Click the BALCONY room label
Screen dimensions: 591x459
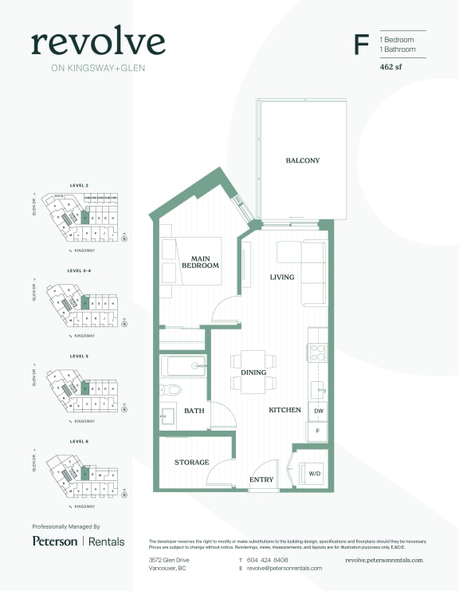click(303, 160)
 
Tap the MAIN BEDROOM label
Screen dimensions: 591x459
click(200, 261)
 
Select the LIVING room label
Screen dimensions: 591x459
click(282, 278)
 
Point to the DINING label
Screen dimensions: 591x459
click(253, 372)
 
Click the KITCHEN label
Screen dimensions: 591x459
click(284, 410)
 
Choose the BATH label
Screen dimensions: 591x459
click(194, 411)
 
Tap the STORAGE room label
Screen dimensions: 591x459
click(192, 463)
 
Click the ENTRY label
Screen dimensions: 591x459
click(261, 479)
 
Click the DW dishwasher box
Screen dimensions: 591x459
click(318, 410)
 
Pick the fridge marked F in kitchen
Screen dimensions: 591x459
click(318, 431)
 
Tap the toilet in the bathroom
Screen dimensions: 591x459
click(171, 391)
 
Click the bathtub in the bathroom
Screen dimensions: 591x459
click(185, 367)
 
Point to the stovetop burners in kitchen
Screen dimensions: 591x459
click(318, 353)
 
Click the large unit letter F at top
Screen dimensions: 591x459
click(361, 45)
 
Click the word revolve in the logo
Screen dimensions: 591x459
click(98, 42)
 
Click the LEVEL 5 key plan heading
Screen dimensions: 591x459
click(79, 356)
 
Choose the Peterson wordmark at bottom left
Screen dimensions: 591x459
click(55, 542)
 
